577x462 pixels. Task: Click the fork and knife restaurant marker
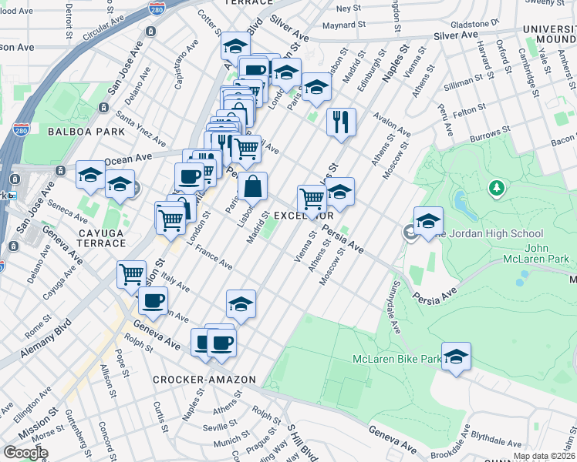[x=340, y=122]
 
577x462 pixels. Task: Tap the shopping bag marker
[x=252, y=186]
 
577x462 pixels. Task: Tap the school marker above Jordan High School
[x=428, y=221]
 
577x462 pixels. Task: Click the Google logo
[x=25, y=453]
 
